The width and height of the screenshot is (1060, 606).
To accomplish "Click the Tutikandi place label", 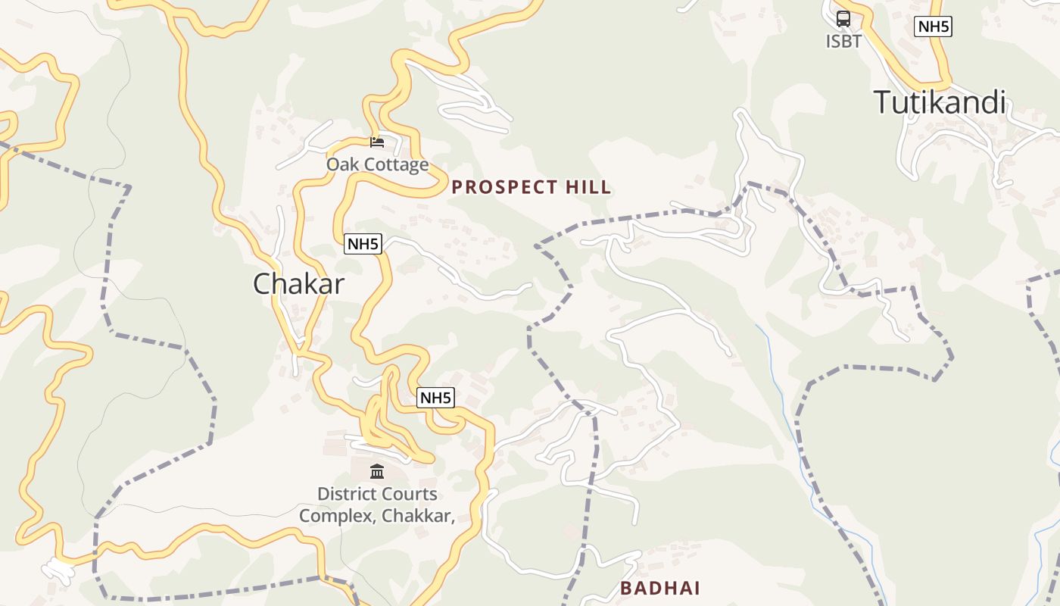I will click(940, 102).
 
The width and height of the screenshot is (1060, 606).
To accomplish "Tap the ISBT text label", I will click(843, 41).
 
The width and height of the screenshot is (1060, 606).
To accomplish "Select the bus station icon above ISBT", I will click(843, 19).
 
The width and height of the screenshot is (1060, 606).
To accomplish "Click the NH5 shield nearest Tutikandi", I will click(933, 27).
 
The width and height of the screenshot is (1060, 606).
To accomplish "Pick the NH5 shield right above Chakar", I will click(363, 244).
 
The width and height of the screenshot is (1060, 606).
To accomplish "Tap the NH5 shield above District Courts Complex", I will click(436, 398).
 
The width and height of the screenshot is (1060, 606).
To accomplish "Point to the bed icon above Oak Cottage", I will click(377, 142).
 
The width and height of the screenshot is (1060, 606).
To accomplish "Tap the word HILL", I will click(588, 188).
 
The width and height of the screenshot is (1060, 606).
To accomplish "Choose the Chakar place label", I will click(298, 284).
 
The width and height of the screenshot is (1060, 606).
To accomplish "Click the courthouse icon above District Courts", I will click(377, 472).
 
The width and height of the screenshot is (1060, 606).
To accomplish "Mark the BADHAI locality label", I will click(659, 588).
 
